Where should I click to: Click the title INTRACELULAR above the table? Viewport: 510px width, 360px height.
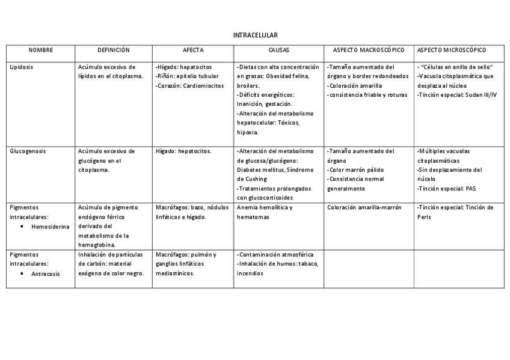255,35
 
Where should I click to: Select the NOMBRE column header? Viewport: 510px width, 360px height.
41,50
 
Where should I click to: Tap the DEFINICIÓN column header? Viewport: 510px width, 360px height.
114,50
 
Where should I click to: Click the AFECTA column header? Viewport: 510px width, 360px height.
193,50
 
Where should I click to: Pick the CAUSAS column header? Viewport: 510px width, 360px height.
278,50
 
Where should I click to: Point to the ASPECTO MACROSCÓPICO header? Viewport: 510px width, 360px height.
369,50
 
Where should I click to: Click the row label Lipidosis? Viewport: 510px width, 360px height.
22,67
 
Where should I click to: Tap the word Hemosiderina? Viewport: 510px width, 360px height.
51,227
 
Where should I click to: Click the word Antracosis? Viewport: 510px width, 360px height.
46,274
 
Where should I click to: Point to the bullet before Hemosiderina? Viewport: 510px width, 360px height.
22,227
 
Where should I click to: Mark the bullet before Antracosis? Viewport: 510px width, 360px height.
22,274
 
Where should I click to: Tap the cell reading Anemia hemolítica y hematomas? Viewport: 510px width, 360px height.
265,212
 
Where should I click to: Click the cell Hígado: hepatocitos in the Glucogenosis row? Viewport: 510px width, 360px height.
183,151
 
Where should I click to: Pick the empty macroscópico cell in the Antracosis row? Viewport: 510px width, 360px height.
369,267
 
